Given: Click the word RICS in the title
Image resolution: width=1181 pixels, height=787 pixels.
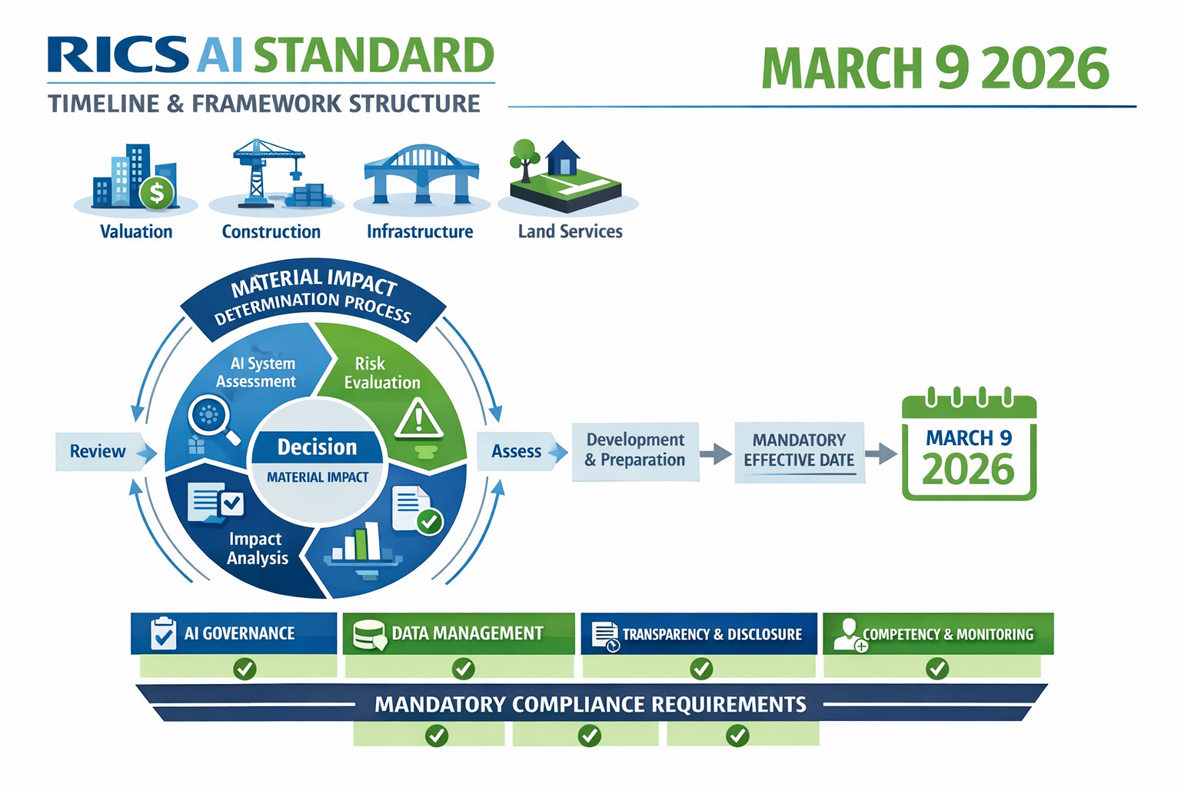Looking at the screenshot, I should click(x=117, y=55).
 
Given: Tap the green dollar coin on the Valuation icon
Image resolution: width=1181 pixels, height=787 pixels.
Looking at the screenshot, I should click(x=157, y=193).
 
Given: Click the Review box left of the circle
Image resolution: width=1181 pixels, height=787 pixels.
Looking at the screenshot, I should click(x=98, y=451).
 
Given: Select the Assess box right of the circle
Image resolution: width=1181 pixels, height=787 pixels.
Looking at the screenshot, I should click(x=517, y=451).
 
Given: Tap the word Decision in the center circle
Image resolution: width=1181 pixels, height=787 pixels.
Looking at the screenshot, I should click(x=317, y=447).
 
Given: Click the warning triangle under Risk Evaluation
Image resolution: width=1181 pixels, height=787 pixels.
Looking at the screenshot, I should click(x=418, y=420).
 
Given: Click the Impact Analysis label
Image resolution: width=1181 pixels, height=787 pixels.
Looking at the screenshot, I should click(x=257, y=549).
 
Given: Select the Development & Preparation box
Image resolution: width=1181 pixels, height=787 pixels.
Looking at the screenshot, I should click(x=635, y=450).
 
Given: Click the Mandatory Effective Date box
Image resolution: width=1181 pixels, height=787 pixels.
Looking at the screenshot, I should click(x=799, y=450).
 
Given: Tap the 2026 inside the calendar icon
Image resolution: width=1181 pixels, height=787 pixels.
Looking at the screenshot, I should click(x=968, y=470).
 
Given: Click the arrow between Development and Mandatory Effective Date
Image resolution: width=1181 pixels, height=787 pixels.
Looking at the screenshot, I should click(x=717, y=453).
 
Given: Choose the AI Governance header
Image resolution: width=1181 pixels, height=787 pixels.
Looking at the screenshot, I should click(x=234, y=633).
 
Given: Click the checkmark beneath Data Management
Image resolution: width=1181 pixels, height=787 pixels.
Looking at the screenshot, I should click(x=463, y=669).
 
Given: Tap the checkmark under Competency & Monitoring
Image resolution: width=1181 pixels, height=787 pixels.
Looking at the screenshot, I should click(x=936, y=669).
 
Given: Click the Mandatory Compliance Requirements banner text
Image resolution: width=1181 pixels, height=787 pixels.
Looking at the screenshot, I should click(x=590, y=704).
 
